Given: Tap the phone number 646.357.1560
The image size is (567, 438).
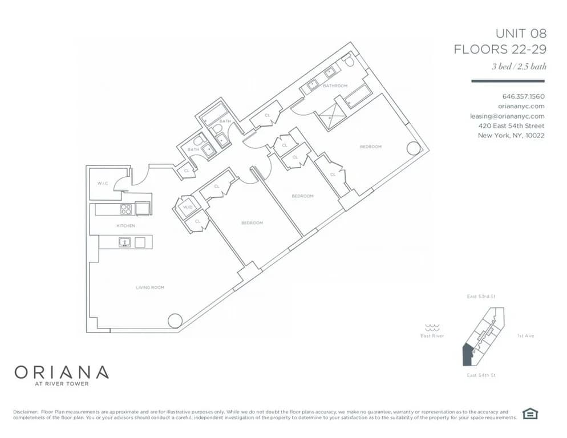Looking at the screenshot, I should (x=523, y=96).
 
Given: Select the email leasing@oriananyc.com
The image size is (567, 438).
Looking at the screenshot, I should (x=507, y=116).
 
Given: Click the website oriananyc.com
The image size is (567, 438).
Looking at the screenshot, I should (x=521, y=106).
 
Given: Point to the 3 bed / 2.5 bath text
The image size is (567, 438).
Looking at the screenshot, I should (x=519, y=66).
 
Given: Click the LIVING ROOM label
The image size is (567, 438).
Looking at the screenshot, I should (x=150, y=287).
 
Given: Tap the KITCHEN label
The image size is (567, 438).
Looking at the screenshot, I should (x=125, y=226).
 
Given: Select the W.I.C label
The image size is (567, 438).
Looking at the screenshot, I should (x=103, y=183).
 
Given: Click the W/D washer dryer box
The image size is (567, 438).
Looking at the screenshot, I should (x=188, y=208).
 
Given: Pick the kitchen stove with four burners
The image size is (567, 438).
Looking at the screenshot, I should (x=126, y=209).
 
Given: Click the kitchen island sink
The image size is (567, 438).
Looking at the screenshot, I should (x=123, y=242).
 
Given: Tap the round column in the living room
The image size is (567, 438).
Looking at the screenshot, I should (x=175, y=321).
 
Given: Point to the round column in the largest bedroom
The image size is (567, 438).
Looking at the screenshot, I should (x=412, y=149).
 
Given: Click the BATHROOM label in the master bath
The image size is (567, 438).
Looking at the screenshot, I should (x=335, y=86).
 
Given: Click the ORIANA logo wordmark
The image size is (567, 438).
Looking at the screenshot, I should (x=61, y=372).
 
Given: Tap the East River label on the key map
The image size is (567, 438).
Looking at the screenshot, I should (x=432, y=336).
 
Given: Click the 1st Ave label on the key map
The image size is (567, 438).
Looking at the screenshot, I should (x=525, y=336).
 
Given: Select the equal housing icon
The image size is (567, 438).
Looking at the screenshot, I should (x=530, y=415).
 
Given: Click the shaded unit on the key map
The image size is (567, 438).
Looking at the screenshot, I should (x=466, y=356).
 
